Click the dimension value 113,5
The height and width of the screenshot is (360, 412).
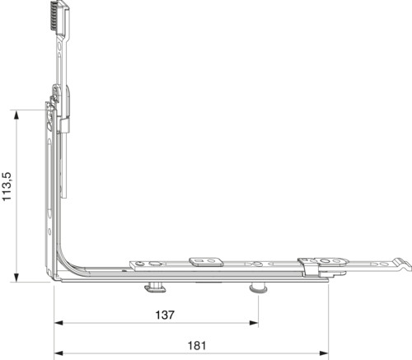coord(7,186)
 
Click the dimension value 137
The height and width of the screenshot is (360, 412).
coord(165,315)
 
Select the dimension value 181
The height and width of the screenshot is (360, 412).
coord(197,345)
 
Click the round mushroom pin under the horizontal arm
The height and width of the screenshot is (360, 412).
coord(258,288)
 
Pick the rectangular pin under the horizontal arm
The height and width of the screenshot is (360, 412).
coord(155,288)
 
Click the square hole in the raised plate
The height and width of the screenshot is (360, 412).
coord(199,260)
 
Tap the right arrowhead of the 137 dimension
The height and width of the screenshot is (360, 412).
coord(254,323)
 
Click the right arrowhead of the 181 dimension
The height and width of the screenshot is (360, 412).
coord(324,353)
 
